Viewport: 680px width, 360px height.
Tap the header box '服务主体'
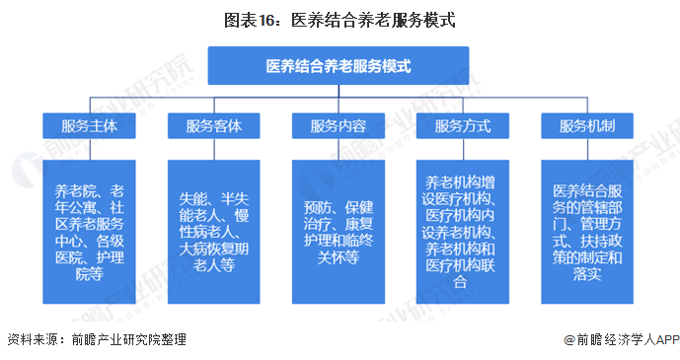point(89,126)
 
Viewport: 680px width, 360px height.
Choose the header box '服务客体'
point(213,126)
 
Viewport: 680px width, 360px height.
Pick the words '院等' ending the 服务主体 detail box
point(89,274)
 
